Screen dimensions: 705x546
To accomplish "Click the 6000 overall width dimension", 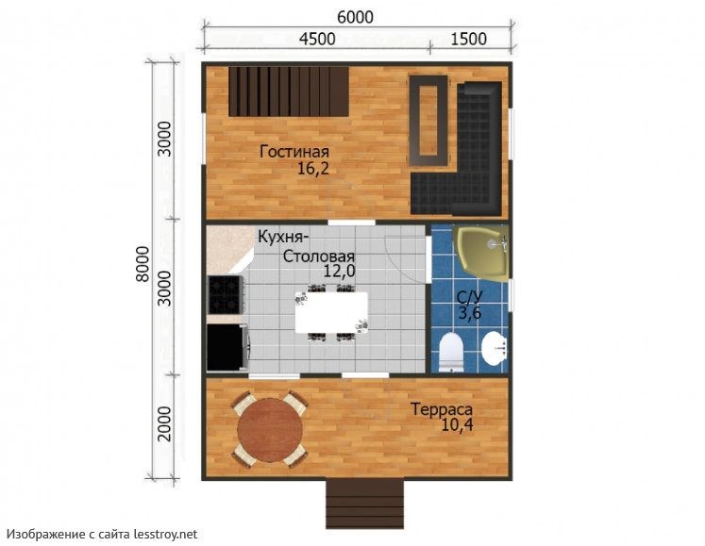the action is tap(355, 17).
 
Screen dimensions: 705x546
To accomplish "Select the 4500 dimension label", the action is tap(317, 39).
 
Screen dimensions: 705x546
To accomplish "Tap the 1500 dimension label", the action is tap(468, 39).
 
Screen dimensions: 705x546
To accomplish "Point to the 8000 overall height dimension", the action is tap(143, 264).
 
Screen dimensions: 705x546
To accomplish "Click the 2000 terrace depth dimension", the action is tap(165, 423).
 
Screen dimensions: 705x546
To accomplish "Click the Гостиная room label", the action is tap(294, 152).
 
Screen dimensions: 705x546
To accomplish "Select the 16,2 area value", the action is tap(313, 169).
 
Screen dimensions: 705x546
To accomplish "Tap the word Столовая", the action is tap(318, 256).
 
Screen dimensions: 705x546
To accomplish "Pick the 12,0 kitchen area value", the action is tap(340, 271).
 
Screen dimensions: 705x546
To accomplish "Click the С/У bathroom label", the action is tap(470, 297).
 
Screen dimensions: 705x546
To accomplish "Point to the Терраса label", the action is tap(442, 409).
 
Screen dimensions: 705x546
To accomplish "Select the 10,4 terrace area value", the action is tap(458, 424).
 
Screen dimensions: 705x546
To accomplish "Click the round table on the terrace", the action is tap(270, 430).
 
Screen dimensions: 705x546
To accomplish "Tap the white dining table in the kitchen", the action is tap(331, 312).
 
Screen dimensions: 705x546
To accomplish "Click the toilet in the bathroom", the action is tap(451, 352).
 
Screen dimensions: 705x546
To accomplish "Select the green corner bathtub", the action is tap(481, 253).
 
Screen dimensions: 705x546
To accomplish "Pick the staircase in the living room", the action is tap(289, 91).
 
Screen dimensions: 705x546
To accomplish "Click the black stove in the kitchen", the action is tap(226, 295).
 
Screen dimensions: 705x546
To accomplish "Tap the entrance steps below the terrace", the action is tap(364, 504).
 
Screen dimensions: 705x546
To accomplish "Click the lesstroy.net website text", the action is tap(165, 535).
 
